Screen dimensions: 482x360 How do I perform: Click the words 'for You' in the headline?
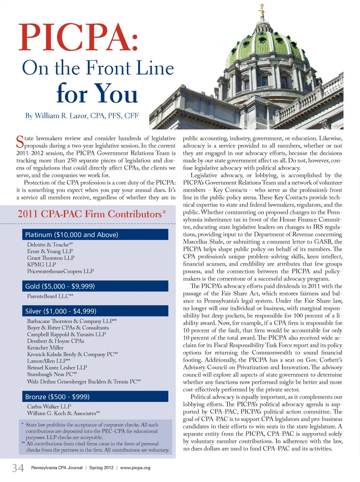(x=97, y=93)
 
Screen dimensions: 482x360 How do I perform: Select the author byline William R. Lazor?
(x=82, y=116)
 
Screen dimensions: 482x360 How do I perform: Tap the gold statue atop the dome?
(x=262, y=11)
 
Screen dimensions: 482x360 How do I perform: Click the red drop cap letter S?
(x=20, y=142)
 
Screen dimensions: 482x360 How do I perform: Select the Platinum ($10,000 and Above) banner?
(x=95, y=235)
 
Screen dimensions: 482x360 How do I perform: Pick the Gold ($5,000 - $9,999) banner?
(x=95, y=286)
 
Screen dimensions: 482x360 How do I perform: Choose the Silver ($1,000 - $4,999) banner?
(x=95, y=311)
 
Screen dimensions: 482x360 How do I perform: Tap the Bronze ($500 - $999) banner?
(x=95, y=397)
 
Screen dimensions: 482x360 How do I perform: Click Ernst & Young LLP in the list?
(x=50, y=252)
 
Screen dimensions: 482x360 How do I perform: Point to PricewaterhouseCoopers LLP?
(x=60, y=271)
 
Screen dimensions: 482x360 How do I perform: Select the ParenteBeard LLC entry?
(x=50, y=296)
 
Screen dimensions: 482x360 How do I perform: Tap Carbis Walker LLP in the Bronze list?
(x=49, y=407)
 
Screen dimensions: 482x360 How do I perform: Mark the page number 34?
(x=18, y=468)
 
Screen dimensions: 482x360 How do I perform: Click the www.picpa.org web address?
(x=135, y=468)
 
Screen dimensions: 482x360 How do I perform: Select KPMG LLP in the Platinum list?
(x=42, y=265)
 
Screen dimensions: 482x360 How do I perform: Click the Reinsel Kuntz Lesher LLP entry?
(x=57, y=368)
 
